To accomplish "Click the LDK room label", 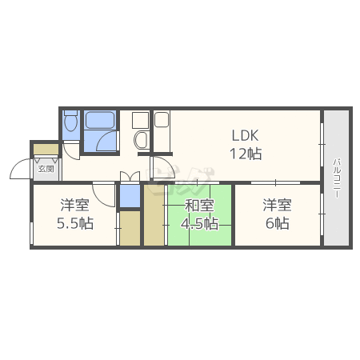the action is tap(245, 135).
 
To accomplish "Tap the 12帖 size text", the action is tap(246, 154).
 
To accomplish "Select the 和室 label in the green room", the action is tap(199, 205).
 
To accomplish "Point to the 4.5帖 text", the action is tap(199, 223).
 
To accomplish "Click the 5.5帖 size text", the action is tap(75, 223).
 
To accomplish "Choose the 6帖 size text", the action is tap(278, 223).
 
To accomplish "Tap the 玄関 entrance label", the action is tap(46, 169).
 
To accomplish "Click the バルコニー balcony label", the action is tap(337, 178).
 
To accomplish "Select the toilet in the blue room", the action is tap(71, 121).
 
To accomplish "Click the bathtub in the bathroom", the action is tap(100, 120).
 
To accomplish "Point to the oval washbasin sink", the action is tap(141, 140).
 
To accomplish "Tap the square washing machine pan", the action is tap(141, 120).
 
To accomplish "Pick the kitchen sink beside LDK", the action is tap(162, 120).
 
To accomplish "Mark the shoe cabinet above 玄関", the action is tap(46, 149).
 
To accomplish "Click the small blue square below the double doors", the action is tap(130, 195).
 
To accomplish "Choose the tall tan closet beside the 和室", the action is tap(154, 214).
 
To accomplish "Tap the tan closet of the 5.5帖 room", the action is tap(130, 228).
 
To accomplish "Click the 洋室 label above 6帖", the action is tap(278, 205).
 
